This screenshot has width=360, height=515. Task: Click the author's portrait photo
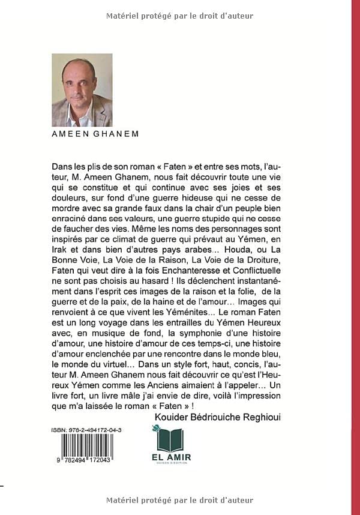[x=82, y=89]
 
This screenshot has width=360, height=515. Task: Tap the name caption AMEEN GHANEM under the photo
[x=95, y=134]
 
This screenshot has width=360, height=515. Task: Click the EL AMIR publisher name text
[x=173, y=459]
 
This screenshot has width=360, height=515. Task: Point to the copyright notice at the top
[x=179, y=16]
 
